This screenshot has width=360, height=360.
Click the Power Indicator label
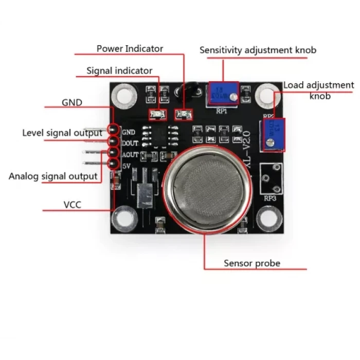click(x=130, y=49)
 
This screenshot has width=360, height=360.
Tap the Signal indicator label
click(x=119, y=70)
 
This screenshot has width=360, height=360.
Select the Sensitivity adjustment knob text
click(x=258, y=50)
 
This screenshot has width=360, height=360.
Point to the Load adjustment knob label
click(x=319, y=90)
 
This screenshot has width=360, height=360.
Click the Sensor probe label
click(x=252, y=263)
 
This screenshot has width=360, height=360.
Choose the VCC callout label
click(x=72, y=205)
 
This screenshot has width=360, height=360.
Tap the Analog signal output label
click(x=53, y=176)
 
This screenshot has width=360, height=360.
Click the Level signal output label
click(x=62, y=133)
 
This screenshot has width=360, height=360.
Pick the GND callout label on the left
click(x=72, y=102)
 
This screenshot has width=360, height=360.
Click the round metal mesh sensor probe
click(x=209, y=189)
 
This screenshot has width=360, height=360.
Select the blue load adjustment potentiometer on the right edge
click(x=273, y=135)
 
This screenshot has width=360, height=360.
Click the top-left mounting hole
click(x=123, y=95)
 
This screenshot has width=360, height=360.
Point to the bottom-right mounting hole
click(x=269, y=219)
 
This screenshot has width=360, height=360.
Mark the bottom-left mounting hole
click(x=124, y=218)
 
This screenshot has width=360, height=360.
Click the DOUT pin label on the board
click(x=130, y=143)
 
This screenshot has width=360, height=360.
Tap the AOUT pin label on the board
click(x=130, y=154)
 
